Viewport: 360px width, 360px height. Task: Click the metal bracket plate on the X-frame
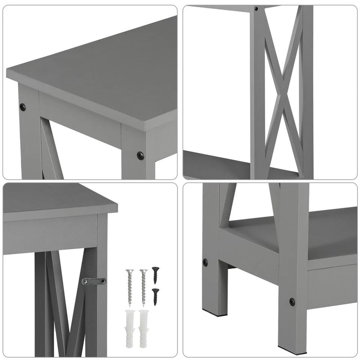[x=94, y=281]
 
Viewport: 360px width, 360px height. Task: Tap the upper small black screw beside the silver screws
[x=155, y=274]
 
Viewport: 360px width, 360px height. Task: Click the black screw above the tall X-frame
[x=256, y=9]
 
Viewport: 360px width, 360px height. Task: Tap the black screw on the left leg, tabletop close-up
[x=22, y=107]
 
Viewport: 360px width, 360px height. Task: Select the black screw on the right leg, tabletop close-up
[x=140, y=156]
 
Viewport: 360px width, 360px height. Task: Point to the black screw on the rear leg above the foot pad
[x=205, y=261]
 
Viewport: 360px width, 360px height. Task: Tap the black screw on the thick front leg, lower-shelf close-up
[x=292, y=301]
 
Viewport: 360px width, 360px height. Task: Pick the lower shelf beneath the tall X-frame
[x=216, y=164]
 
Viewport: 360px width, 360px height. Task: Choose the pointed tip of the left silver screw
[x=130, y=305]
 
